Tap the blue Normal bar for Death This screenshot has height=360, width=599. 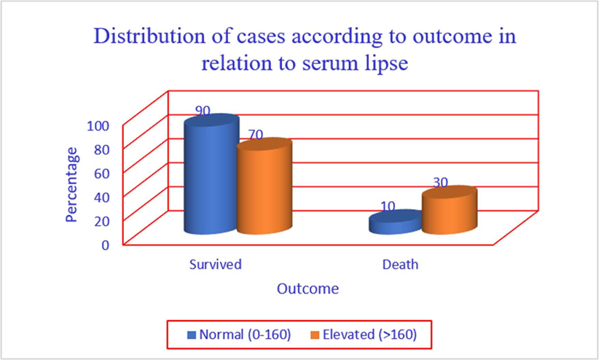tap(396, 222)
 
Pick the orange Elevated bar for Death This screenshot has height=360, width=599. tap(449, 211)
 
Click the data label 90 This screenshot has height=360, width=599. tap(203, 111)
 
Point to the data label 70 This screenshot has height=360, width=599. tap(256, 135)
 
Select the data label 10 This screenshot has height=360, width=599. tap(388, 206)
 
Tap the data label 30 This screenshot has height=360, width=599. tap(440, 183)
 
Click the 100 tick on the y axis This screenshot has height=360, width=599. tap(98, 126)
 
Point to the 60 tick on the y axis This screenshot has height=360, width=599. tap(102, 173)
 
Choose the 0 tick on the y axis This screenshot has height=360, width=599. tap(106, 245)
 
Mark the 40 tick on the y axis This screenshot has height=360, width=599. tap(102, 197)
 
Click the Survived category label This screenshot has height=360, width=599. tap(216, 264)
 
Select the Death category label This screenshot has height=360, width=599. tap(400, 264)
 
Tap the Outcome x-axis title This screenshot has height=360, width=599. tap(308, 289)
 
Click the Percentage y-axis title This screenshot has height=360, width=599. tap(71, 185)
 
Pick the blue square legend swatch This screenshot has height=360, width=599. tap(191, 335)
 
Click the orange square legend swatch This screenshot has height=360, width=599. tap(314, 335)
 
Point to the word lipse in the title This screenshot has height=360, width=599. tap(385, 63)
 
